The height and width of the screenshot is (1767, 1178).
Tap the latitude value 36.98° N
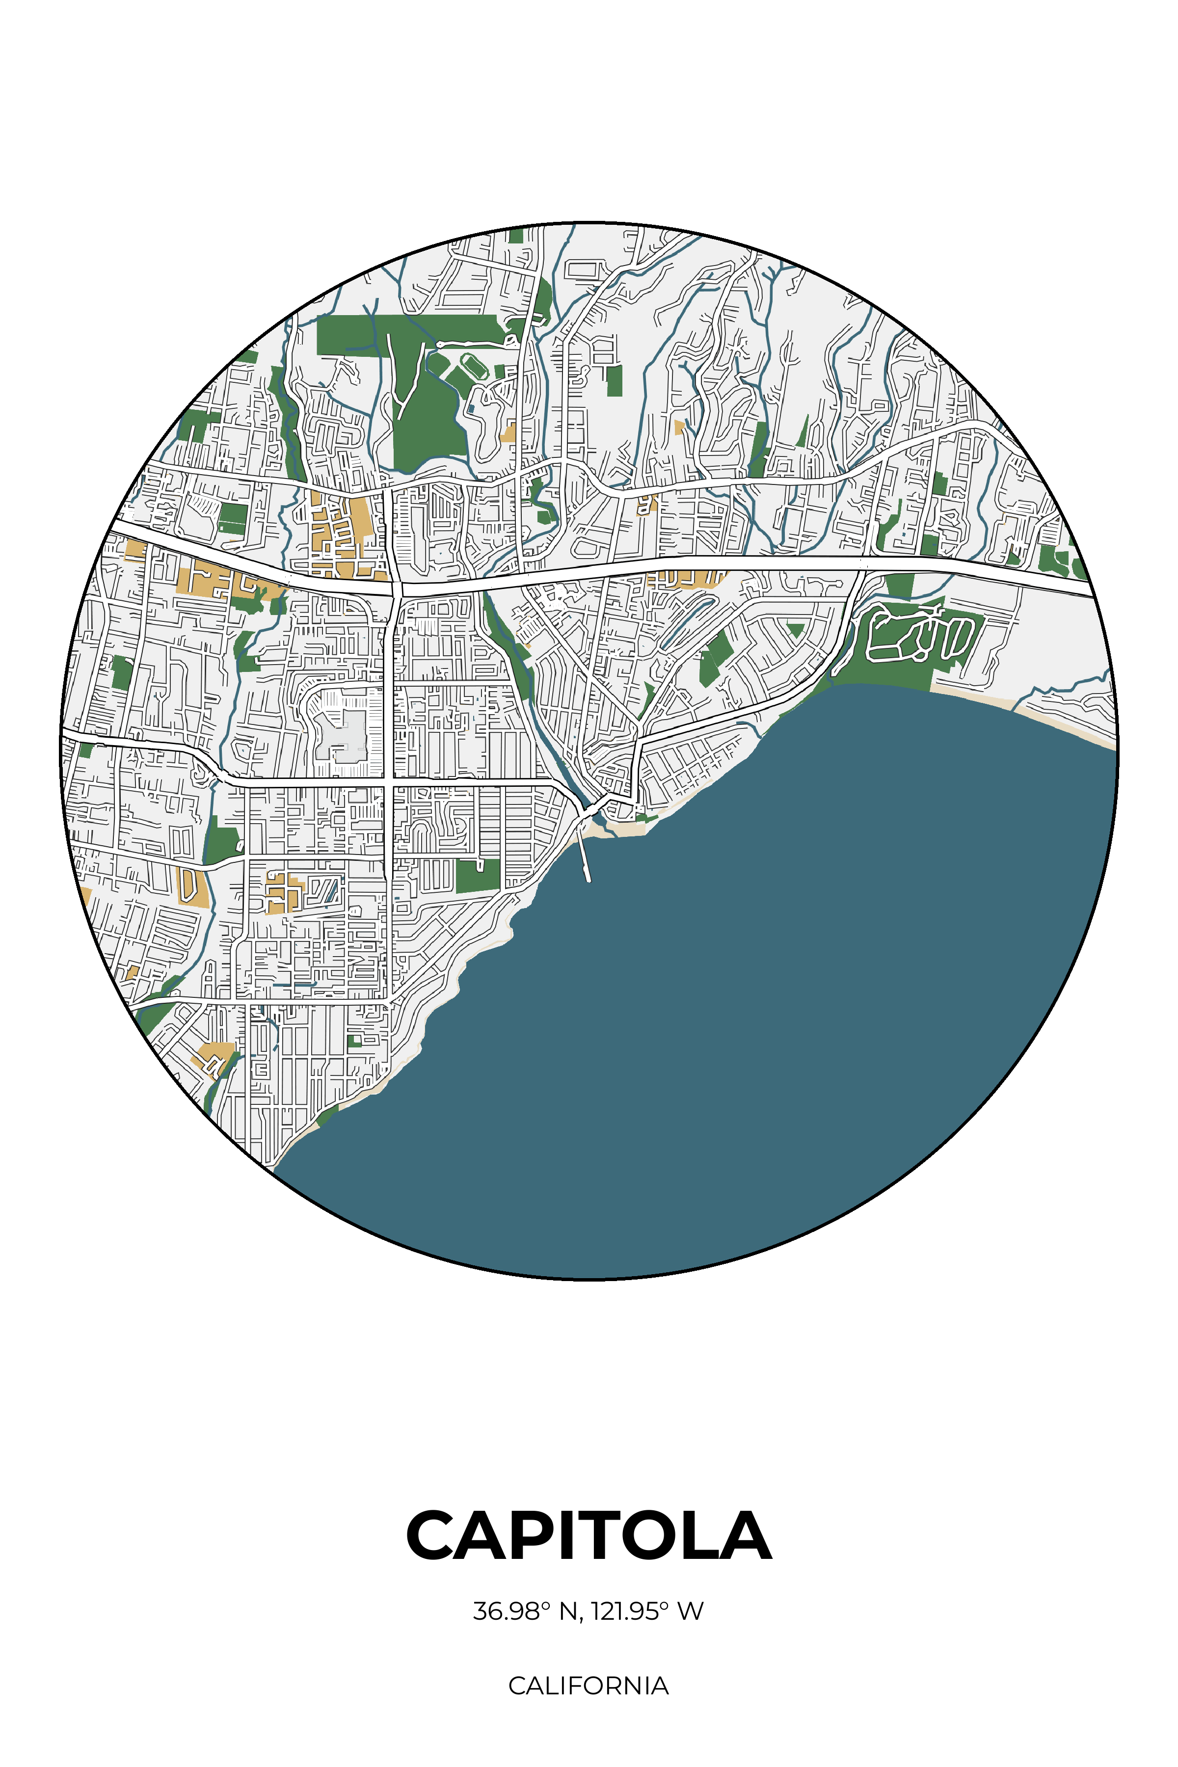(x=525, y=1611)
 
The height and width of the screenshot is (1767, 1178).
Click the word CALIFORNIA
(x=588, y=1686)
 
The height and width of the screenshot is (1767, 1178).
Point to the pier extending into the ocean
(x=586, y=857)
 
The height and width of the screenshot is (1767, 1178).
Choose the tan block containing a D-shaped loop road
(x=191, y=886)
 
